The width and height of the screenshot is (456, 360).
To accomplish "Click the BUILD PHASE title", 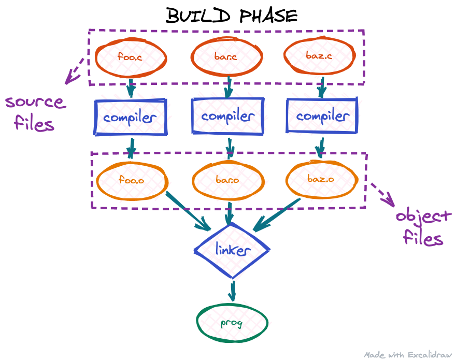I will (232, 16).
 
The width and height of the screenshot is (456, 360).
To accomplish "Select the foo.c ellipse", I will (130, 56).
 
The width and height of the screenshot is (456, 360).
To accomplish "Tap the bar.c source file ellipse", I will (225, 56).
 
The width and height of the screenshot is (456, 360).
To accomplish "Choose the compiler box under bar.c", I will (227, 116).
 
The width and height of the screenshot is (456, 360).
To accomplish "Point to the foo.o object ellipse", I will (132, 180).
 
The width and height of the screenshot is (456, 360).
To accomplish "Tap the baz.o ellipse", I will (321, 179).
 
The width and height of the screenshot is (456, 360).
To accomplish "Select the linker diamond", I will (232, 250).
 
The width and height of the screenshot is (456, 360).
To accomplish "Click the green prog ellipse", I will (232, 323).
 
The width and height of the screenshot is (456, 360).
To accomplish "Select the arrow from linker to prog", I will (232, 291).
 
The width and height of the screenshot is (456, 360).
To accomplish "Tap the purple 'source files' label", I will (35, 112).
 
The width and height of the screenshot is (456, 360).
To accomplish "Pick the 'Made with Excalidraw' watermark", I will (408, 355).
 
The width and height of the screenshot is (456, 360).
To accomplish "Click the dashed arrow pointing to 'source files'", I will (75, 70).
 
